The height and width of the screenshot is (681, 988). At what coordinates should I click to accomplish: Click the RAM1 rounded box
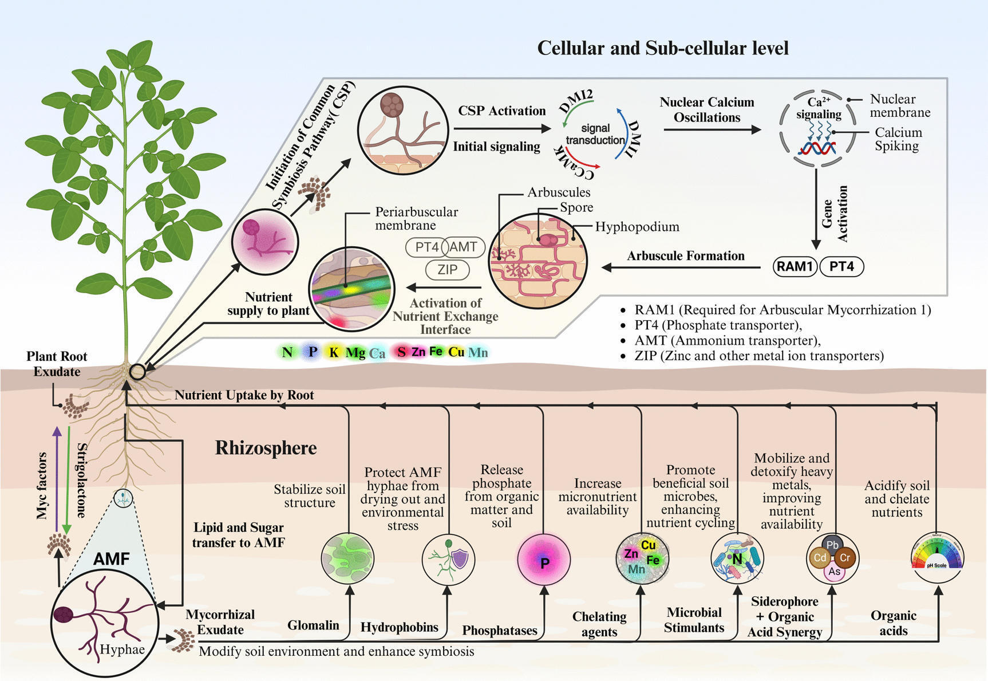tap(795, 266)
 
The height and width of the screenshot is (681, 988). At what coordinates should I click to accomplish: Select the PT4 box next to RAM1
tap(841, 266)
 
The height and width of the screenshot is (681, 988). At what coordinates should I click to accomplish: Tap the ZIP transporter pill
tap(447, 269)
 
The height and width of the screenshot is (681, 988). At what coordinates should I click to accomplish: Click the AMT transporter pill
tap(464, 247)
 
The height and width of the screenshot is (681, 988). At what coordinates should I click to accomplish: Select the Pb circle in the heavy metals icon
tap(832, 545)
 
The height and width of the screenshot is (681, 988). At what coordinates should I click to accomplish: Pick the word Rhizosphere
tap(266, 448)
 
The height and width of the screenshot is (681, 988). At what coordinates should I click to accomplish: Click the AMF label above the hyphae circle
tap(111, 558)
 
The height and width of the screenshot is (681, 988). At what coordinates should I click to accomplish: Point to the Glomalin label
tap(313, 625)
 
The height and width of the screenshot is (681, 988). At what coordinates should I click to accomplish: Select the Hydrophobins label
tap(399, 627)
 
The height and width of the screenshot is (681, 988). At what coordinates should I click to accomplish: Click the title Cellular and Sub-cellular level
tap(662, 48)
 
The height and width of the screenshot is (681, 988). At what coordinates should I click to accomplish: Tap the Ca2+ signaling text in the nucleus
tap(819, 108)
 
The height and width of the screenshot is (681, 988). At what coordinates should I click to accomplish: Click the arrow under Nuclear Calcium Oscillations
tap(712, 130)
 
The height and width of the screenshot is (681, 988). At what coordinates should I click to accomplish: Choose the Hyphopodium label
tap(637, 227)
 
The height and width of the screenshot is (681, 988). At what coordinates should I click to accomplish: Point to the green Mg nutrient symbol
tap(355, 352)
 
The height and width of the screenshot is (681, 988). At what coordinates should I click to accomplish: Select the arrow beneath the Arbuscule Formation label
tap(681, 267)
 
